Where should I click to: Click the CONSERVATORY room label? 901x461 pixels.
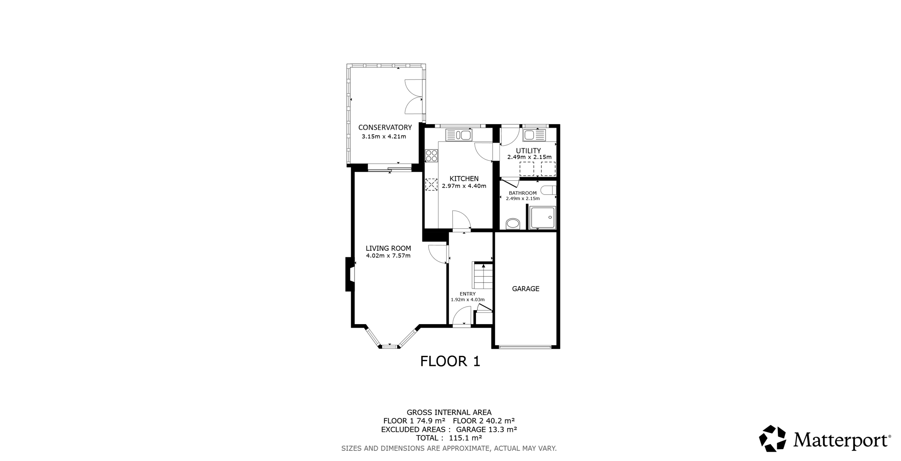coord(385,128)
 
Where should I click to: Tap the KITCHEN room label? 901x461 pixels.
coord(464,179)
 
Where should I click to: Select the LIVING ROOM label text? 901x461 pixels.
coord(388,248)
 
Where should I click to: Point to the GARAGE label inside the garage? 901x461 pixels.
coord(526,289)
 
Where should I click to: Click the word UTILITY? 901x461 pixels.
coord(528,151)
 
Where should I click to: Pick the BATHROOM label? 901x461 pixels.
coord(523,193)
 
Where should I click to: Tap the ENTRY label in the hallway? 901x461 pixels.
coord(468,294)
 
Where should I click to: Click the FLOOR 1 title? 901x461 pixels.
coord(450,361)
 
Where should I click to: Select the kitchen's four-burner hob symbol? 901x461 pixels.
coord(432,156)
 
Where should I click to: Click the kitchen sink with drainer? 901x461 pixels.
coord(458,135)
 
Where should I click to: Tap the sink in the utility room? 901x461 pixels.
coord(534,135)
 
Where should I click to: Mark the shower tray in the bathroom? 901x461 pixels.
coord(543,218)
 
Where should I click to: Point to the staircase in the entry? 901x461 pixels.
coord(483,276)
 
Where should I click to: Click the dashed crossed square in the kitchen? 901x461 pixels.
coord(432,184)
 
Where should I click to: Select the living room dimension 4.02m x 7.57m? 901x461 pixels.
coord(388,256)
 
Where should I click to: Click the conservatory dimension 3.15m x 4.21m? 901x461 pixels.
coord(384,136)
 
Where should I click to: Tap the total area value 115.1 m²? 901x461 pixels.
coord(465,438)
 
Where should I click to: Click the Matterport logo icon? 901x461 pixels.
coord(773,439)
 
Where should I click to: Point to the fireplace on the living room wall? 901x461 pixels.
coord(350,274)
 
